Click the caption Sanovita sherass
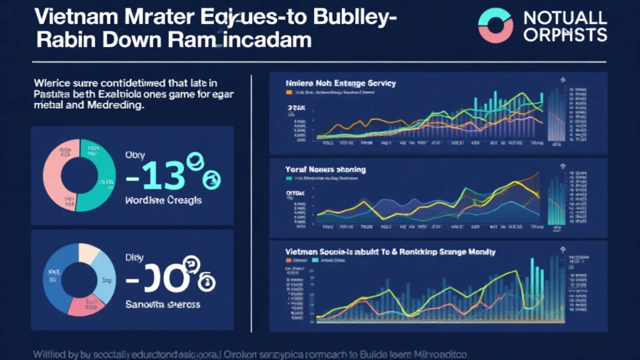(162, 304)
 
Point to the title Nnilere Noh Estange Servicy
(341, 83)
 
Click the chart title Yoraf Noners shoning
(326, 169)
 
